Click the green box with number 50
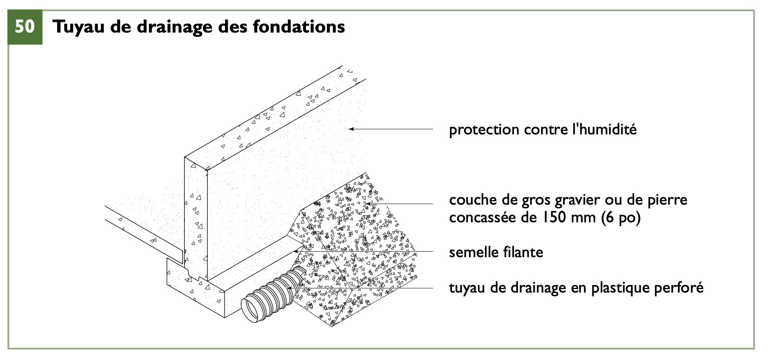(25, 27)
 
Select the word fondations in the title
(299, 27)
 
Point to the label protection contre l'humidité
(543, 130)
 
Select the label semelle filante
(496, 252)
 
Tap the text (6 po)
(621, 218)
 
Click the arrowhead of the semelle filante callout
(295, 252)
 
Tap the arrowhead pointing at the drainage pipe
(289, 287)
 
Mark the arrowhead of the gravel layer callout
(368, 204)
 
